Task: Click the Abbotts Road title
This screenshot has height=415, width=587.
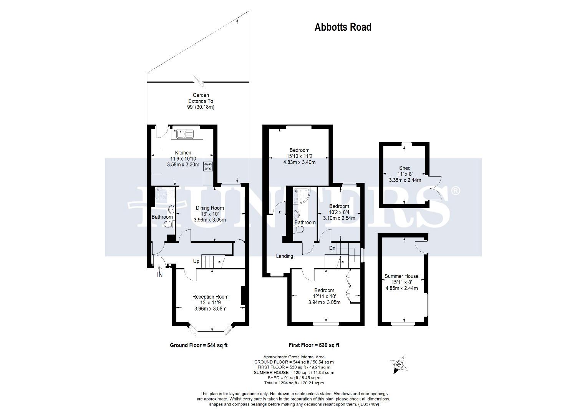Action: [343, 27]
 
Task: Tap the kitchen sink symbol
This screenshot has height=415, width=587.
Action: [185, 134]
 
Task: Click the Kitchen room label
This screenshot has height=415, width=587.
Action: [183, 153]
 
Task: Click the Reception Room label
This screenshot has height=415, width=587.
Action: [210, 297]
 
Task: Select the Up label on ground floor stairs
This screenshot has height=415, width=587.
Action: [196, 261]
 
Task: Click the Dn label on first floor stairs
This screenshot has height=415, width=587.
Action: [332, 248]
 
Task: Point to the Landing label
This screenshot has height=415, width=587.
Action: [284, 256]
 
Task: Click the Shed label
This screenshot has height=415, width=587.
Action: [405, 168]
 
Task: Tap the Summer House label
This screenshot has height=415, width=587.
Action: [401, 276]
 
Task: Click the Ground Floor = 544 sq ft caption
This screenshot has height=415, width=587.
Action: [199, 345]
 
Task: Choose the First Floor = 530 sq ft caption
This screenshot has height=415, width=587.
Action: [314, 345]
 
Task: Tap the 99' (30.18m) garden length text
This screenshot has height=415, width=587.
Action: [201, 107]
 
